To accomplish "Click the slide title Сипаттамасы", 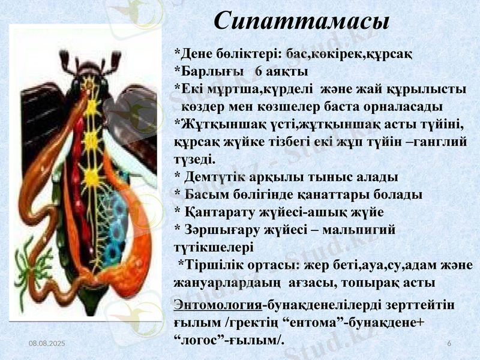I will (302, 21).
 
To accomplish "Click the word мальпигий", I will (359, 229).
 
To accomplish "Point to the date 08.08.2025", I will (46, 342).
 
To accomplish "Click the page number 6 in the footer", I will (449, 342).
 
